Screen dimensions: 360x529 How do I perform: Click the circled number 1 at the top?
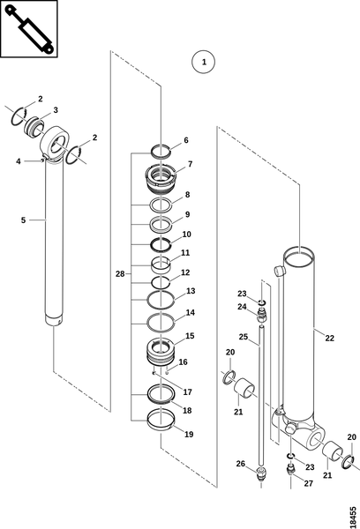point(203,62)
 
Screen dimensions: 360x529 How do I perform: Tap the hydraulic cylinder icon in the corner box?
point(29,29)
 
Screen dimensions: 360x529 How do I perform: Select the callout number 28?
point(120,274)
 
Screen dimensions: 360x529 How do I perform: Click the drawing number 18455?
point(353,516)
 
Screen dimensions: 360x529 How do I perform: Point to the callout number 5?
point(23,220)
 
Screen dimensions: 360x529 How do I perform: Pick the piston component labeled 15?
point(161,352)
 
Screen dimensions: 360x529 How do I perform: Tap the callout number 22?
point(329,338)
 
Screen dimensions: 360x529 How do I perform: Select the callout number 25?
point(244,337)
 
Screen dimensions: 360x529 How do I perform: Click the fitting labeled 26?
point(260,473)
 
